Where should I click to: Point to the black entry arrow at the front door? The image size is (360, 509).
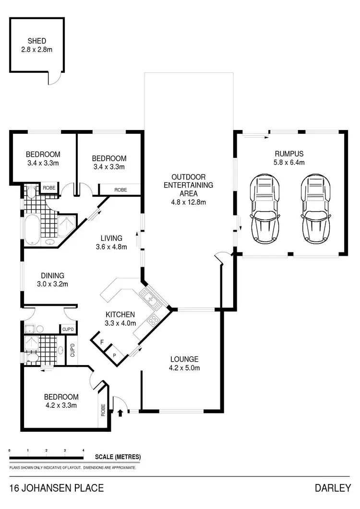(x=120, y=411)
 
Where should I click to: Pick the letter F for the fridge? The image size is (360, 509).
(x=102, y=342)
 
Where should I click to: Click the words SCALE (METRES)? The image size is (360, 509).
(x=118, y=457)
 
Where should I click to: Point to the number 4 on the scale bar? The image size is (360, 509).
(x=83, y=450)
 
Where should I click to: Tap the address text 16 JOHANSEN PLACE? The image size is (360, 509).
(x=56, y=489)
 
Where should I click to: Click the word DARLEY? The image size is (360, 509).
(x=333, y=489)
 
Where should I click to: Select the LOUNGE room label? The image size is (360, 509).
(x=184, y=359)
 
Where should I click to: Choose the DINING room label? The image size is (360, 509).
(x=52, y=275)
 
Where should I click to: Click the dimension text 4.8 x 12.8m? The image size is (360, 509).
(x=188, y=202)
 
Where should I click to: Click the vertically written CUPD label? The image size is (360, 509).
(x=72, y=351)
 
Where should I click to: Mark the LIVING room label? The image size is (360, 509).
(x=111, y=238)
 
